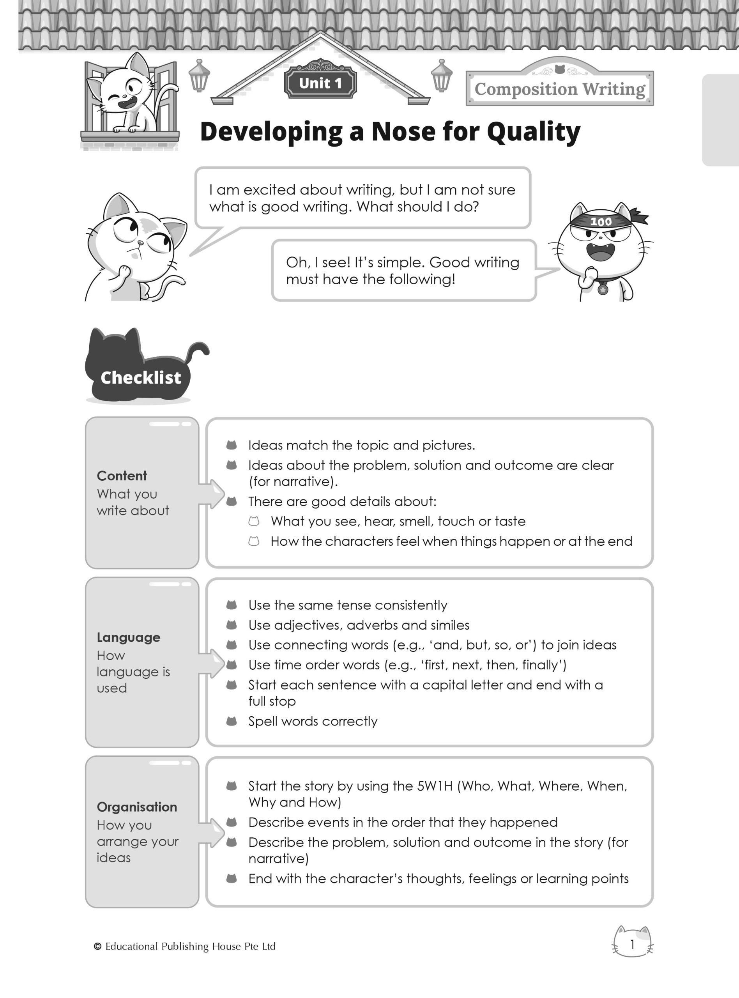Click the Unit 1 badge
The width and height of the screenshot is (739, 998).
[x=320, y=83]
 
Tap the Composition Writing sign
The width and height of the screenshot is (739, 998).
[x=560, y=88]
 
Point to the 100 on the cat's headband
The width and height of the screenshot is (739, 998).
[x=601, y=222]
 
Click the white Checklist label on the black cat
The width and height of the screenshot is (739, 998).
[x=141, y=377]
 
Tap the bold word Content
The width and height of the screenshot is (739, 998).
[x=122, y=476]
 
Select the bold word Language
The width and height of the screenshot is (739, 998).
[x=128, y=637]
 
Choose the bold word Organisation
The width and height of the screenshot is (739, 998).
[x=137, y=807]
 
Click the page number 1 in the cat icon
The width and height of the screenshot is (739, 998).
[x=632, y=944]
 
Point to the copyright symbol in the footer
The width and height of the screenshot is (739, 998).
[x=97, y=946]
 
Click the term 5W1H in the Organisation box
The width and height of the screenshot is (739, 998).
[x=435, y=786]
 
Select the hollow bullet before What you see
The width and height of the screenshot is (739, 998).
[x=254, y=521]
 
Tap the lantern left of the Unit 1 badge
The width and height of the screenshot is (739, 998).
[x=199, y=76]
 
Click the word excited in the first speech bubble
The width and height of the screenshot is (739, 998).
[x=269, y=190]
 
